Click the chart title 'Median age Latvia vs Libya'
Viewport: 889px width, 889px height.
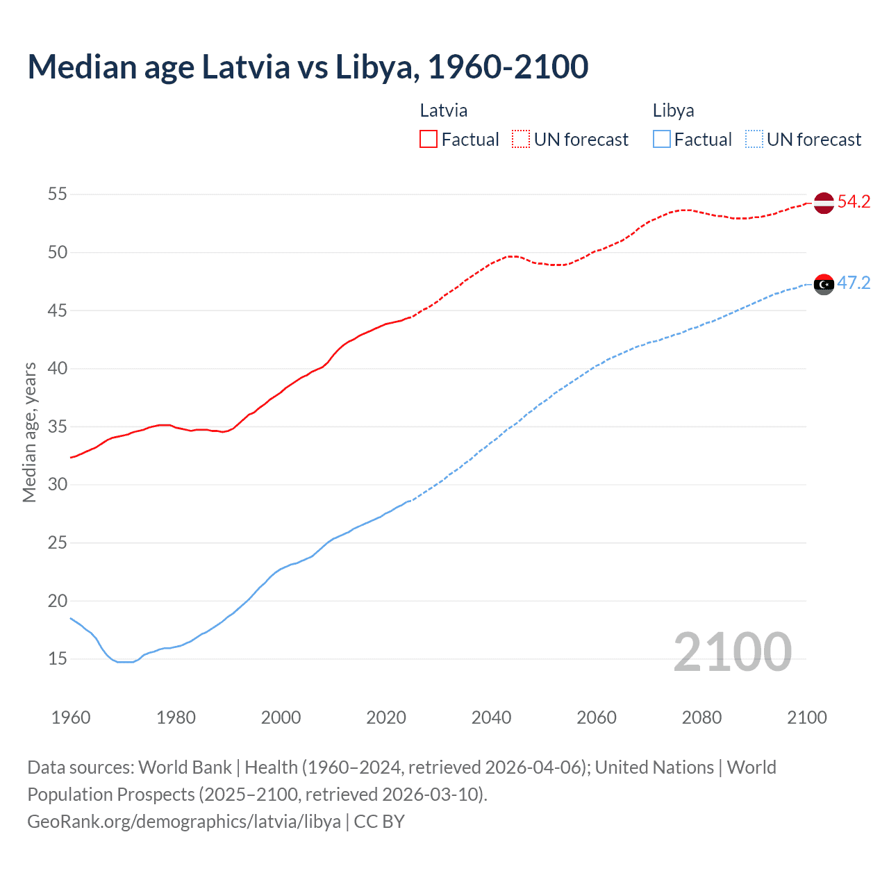(308, 67)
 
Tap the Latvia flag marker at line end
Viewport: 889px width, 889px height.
(823, 202)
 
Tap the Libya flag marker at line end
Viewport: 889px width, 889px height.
(823, 283)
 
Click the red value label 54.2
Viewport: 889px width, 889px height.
(854, 202)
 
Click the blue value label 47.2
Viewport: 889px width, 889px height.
(854, 283)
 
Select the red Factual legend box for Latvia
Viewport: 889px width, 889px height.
(429, 140)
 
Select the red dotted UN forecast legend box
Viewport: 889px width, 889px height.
(521, 140)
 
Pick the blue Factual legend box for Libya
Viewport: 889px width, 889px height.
(661, 140)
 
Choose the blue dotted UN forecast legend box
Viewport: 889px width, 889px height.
(754, 140)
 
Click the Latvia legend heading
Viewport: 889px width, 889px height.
(443, 110)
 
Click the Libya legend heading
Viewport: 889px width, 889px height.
(673, 110)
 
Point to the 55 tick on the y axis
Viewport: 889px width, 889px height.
(58, 194)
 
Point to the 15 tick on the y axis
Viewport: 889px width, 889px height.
(58, 659)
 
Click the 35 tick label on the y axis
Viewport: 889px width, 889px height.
(58, 426)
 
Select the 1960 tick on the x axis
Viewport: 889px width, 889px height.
(71, 717)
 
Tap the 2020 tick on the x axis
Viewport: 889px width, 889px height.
(386, 717)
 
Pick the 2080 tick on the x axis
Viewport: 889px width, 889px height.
(701, 717)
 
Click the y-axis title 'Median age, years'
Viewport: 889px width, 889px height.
(29, 432)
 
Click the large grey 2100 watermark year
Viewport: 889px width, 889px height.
(732, 652)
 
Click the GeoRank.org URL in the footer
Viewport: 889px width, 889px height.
(184, 822)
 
